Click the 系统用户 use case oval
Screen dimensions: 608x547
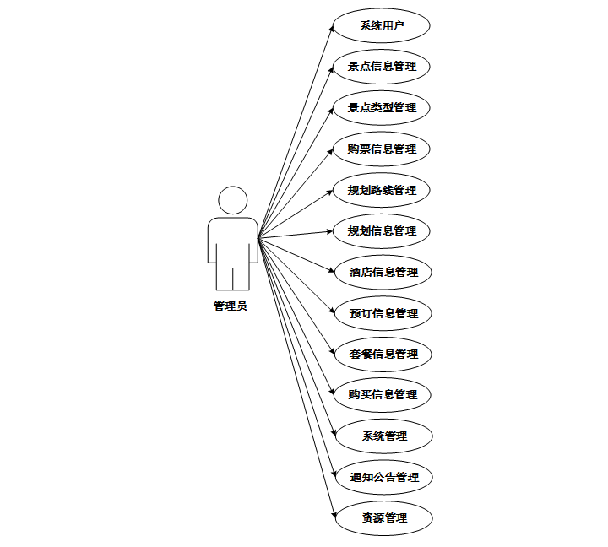[x=382, y=25]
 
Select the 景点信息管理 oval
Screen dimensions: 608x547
[x=382, y=67]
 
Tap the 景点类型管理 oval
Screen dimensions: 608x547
[x=382, y=108]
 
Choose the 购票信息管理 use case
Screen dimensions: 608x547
[x=382, y=149]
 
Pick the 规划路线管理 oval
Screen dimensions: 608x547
[x=382, y=190]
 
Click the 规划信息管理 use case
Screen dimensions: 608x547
[x=382, y=230]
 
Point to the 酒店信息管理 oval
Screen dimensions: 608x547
[x=383, y=272]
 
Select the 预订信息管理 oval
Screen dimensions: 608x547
[x=383, y=313]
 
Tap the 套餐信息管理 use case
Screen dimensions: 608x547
[x=383, y=354]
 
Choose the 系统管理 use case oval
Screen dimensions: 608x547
[x=384, y=436]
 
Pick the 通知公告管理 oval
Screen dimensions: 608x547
[x=384, y=477]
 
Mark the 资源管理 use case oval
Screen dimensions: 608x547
[x=384, y=517]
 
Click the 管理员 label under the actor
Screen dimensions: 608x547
[x=231, y=306]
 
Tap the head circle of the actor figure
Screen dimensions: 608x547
[x=232, y=201]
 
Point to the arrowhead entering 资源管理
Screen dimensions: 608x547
[x=333, y=513]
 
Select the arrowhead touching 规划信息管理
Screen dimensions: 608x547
[x=331, y=230]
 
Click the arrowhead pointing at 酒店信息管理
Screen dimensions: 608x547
[x=334, y=269]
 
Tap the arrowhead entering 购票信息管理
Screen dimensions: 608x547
[x=331, y=152]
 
